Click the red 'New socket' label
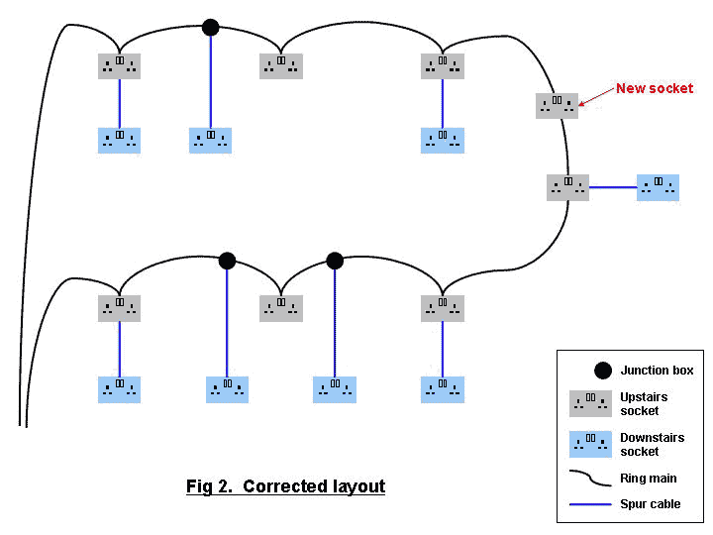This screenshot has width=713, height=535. click(655, 88)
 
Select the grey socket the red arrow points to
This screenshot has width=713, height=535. click(557, 105)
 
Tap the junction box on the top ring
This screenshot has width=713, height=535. click(210, 27)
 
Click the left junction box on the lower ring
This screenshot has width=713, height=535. click(227, 261)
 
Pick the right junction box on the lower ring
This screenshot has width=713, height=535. click(335, 261)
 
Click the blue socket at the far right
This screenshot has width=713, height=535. click(658, 187)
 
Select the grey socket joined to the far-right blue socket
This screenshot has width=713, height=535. click(567, 187)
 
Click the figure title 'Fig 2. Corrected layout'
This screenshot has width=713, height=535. click(285, 486)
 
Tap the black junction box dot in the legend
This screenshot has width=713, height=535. click(602, 371)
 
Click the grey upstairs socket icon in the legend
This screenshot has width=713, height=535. click(590, 403)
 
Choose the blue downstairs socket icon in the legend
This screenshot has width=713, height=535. click(590, 443)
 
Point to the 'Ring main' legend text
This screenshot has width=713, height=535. click(649, 479)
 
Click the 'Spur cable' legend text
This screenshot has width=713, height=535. click(651, 504)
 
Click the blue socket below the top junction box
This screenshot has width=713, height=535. click(210, 140)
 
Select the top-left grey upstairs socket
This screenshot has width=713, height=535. click(119, 65)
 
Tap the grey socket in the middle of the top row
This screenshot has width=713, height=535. click(281, 65)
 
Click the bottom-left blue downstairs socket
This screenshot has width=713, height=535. click(119, 389)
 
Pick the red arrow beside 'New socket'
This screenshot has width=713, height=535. click(594, 95)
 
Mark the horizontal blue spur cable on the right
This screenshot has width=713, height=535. click(613, 187)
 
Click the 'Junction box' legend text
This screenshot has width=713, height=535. click(657, 371)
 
